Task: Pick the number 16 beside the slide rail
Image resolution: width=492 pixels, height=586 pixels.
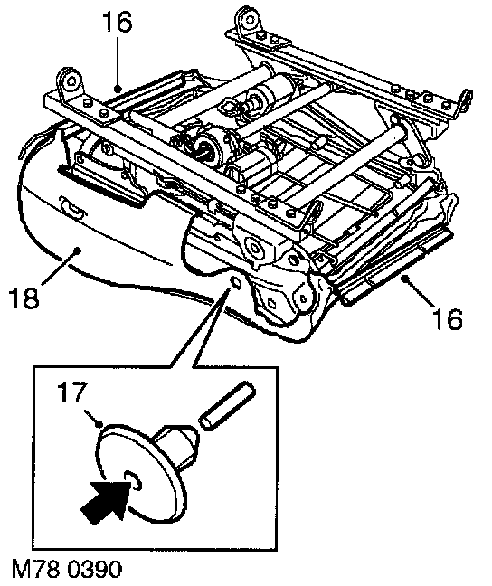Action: pos(448,318)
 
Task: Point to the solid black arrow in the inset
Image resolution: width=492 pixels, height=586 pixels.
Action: pos(106,498)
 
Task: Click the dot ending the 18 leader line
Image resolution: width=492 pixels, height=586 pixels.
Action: pos(78,250)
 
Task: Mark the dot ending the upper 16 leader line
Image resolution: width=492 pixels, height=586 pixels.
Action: pos(118,90)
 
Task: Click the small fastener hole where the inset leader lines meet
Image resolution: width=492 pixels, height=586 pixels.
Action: pos(235,283)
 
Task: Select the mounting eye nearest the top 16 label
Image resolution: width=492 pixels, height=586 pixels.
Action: pos(70,81)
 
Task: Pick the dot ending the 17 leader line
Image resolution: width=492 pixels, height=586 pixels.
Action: pos(99,424)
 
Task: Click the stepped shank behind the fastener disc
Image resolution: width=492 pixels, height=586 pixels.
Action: pos(175,447)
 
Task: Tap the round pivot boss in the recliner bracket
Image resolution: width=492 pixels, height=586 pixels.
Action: pos(254,247)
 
